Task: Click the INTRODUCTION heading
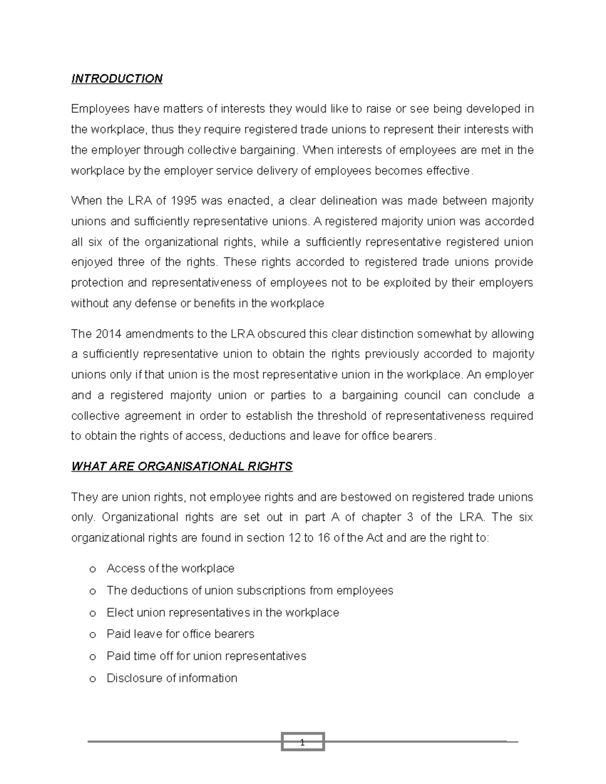coord(117,79)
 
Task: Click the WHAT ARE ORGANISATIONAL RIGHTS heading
coord(182,466)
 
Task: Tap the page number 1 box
coord(302,742)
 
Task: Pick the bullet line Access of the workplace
coord(170,568)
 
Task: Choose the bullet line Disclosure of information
coord(172,678)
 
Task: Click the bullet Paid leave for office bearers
coord(180,634)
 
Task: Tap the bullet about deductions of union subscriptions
coord(249,591)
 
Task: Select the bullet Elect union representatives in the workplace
coord(223,612)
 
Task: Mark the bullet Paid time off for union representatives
coord(206,656)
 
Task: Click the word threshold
coord(344,416)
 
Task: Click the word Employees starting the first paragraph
coord(97,109)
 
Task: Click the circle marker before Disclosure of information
coord(92,679)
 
